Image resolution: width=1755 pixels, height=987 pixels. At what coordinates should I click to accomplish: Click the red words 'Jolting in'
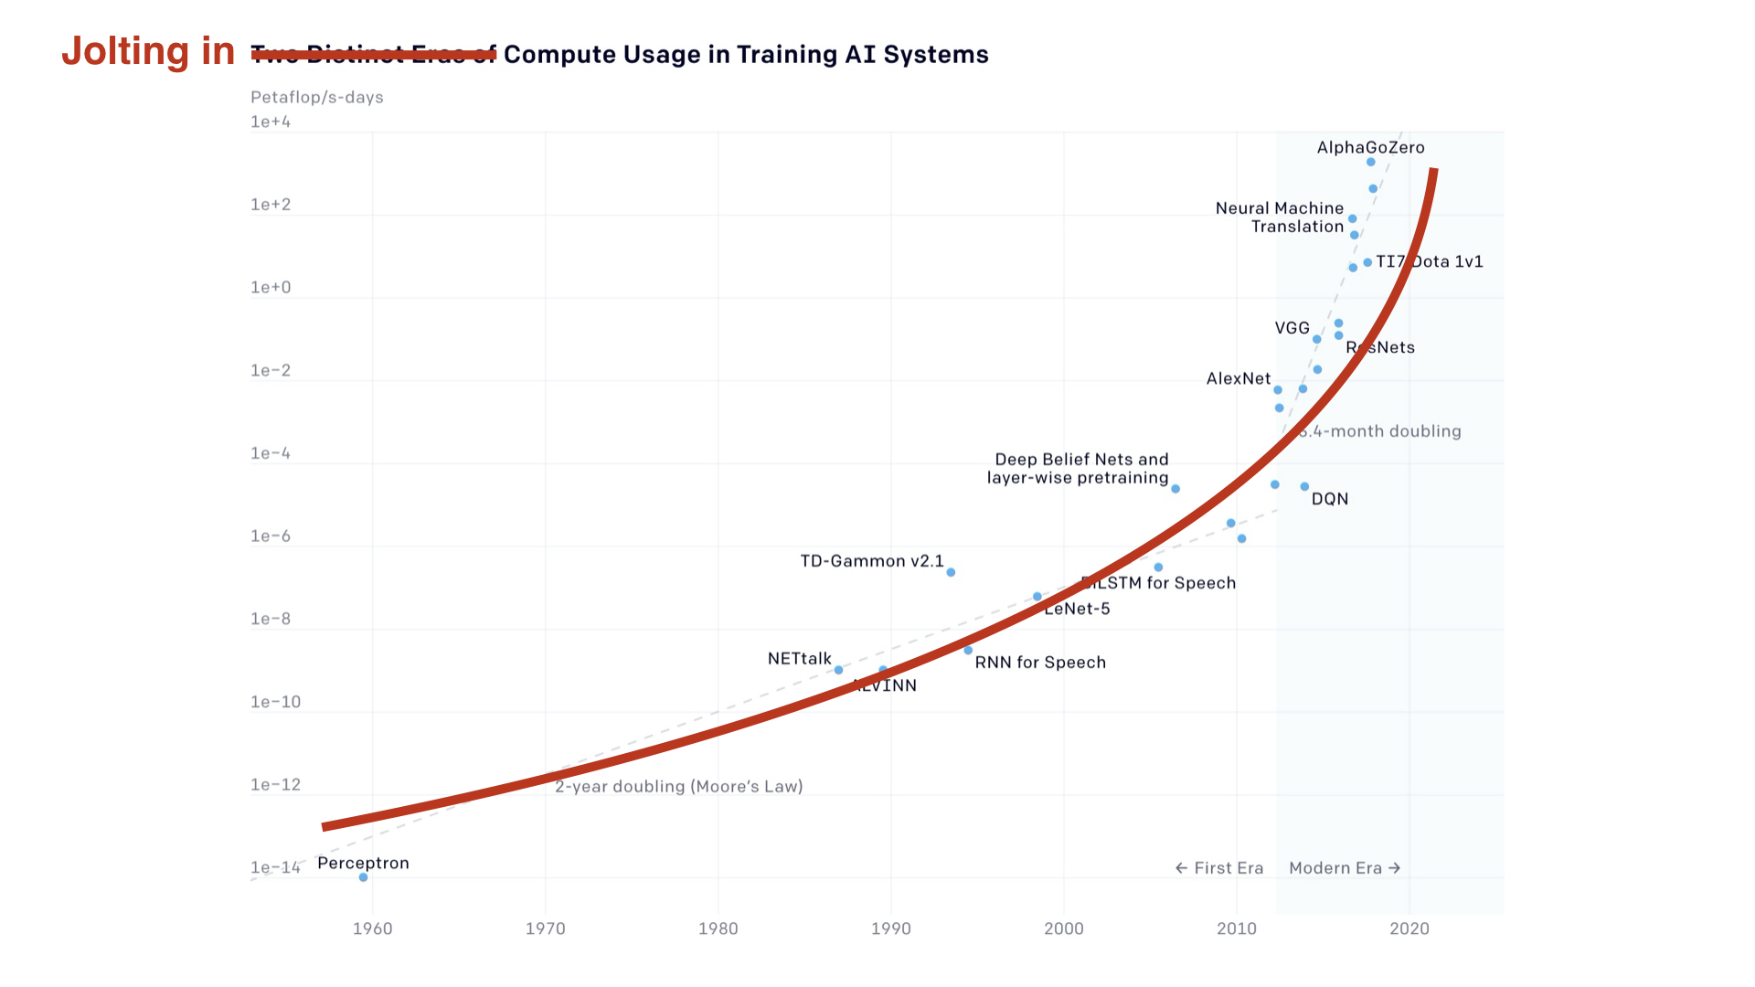coord(148,51)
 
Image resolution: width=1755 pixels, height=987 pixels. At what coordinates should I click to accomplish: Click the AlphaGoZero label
coord(1369,148)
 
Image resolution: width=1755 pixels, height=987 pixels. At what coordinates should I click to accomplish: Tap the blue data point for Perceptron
coord(363,877)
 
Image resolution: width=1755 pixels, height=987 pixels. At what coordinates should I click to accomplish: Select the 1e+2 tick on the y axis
coord(271,205)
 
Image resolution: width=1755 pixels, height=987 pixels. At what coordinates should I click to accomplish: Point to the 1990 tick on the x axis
coord(890,929)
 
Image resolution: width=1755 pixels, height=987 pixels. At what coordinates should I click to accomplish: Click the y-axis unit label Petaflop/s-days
coord(316,97)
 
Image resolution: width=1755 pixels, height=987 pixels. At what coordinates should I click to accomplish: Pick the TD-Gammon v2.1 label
coord(871,561)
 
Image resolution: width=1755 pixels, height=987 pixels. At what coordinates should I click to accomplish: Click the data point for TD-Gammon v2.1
coord(951,572)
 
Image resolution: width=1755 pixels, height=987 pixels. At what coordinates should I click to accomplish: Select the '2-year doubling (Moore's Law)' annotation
coord(678,787)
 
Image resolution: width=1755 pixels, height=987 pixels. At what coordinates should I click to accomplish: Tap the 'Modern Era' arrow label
coord(1344,868)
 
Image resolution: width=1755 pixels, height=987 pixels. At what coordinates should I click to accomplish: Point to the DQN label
coord(1329,499)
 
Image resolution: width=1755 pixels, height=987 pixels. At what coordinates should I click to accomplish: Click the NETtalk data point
coord(838,670)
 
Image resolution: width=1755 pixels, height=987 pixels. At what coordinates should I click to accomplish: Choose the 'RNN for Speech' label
coord(1040,663)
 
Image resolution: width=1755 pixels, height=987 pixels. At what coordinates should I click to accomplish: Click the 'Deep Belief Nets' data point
coord(1175,489)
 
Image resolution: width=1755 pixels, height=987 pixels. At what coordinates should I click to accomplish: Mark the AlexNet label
coord(1238,378)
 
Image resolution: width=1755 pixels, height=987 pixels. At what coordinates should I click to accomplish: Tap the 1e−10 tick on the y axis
coord(275,702)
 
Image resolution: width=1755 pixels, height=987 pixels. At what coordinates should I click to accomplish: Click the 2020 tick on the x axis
coord(1409,929)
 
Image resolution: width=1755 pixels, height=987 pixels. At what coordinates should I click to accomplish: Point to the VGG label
coord(1292,328)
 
